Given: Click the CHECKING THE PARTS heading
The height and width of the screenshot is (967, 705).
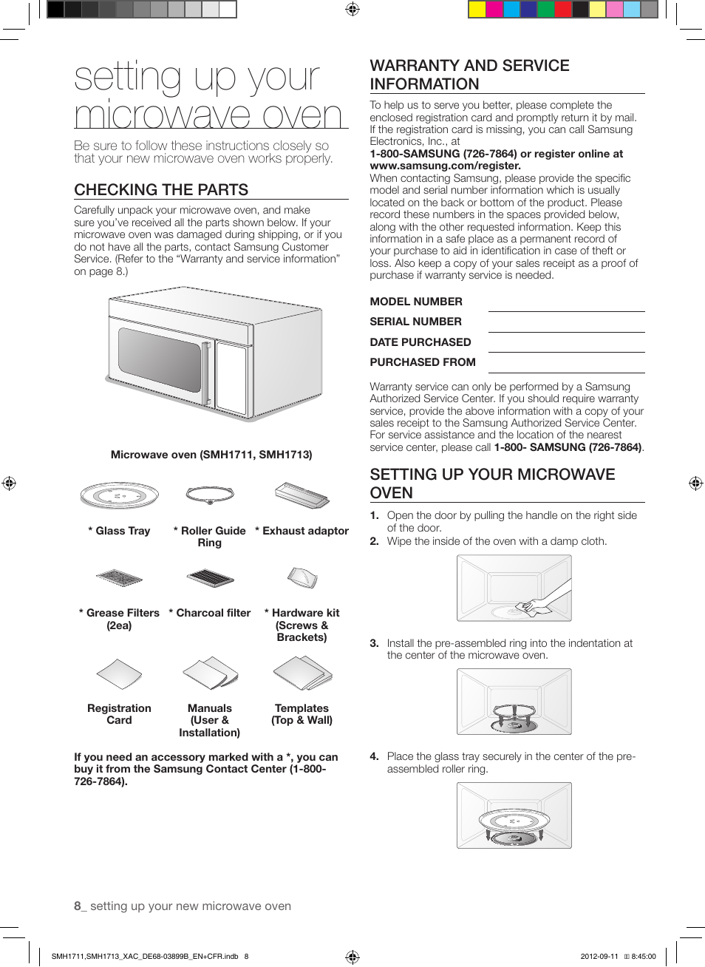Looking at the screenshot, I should (x=161, y=190).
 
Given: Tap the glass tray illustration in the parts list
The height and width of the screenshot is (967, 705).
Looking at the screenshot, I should (x=120, y=495).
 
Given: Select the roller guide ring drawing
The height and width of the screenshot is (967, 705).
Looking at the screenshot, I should (x=211, y=494).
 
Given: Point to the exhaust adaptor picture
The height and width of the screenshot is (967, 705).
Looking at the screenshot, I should (x=302, y=495).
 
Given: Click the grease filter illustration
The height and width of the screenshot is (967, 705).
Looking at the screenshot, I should (x=119, y=577).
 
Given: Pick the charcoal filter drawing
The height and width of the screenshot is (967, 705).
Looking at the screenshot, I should (x=211, y=577).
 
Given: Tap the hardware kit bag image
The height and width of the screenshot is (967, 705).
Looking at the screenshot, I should (x=302, y=577).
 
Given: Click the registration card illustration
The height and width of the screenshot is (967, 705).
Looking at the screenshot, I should (x=119, y=673).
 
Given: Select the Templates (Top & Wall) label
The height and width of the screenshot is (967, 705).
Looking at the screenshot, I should (x=302, y=714).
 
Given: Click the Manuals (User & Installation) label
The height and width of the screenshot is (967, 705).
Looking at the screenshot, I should (x=210, y=720).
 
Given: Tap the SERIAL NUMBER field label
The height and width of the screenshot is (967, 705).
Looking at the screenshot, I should (x=415, y=322).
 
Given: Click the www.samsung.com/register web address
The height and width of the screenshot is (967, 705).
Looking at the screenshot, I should (x=444, y=166).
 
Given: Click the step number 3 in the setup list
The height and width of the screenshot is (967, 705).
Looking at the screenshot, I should (x=374, y=643).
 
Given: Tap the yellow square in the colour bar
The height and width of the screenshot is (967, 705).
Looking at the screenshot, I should (x=477, y=9).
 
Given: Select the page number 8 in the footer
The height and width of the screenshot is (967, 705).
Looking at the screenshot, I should (x=77, y=906).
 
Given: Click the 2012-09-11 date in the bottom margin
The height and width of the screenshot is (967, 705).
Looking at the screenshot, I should (x=599, y=956).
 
